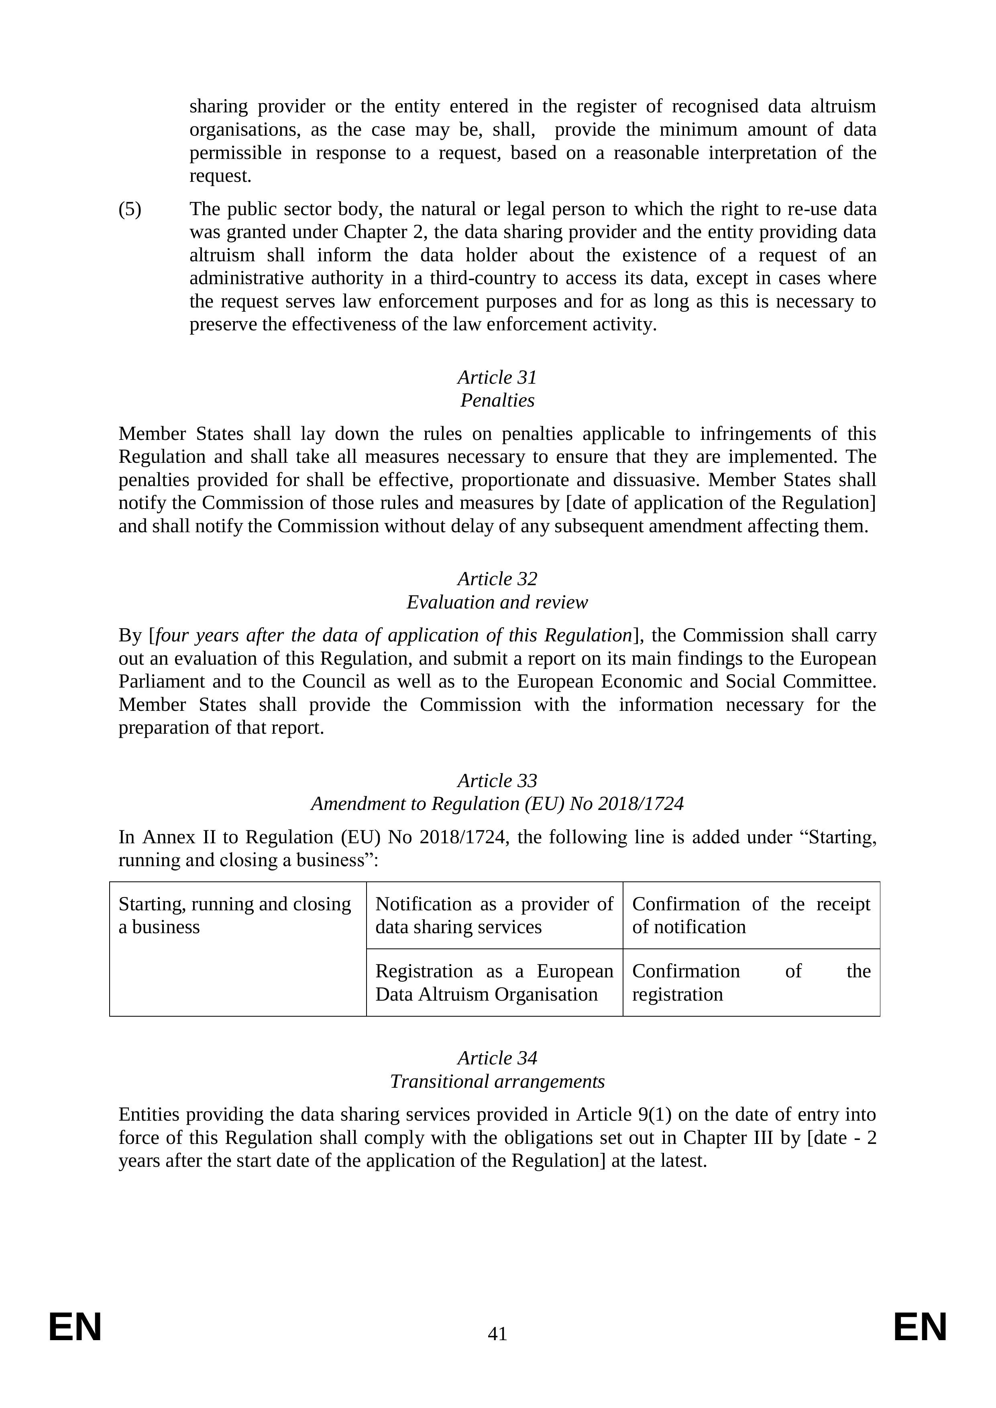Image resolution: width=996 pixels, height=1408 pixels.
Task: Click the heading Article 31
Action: pyautogui.click(x=497, y=377)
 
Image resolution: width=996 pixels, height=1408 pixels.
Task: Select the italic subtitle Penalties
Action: pyautogui.click(x=497, y=401)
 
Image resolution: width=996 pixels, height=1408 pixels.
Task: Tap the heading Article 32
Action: pyautogui.click(x=497, y=579)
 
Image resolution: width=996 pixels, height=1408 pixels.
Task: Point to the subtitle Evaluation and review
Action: pyautogui.click(x=497, y=602)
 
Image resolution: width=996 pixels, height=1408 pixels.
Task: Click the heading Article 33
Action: pyautogui.click(x=497, y=781)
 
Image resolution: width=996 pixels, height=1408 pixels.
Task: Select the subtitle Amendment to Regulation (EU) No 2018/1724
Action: pyautogui.click(x=497, y=804)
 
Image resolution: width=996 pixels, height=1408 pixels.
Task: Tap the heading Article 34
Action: pyautogui.click(x=497, y=1058)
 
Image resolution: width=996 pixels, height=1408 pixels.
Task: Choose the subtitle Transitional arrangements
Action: pyautogui.click(x=497, y=1081)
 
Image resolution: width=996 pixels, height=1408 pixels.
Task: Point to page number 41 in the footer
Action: pyautogui.click(x=497, y=1334)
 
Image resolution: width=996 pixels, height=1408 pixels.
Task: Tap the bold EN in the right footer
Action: pyautogui.click(x=920, y=1328)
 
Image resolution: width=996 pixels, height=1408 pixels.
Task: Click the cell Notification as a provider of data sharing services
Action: pyautogui.click(x=494, y=916)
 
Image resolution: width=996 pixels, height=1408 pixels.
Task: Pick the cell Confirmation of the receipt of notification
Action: pyautogui.click(x=751, y=916)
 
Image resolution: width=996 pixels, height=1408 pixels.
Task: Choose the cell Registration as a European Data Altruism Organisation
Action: pyautogui.click(x=494, y=983)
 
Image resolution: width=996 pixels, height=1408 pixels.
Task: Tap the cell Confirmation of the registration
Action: pyautogui.click(x=751, y=983)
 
